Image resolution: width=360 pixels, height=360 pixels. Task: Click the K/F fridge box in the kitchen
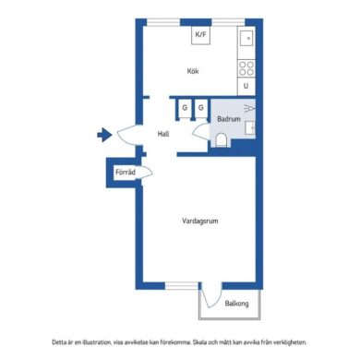pyautogui.click(x=200, y=35)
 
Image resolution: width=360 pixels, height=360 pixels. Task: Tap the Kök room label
pyautogui.click(x=193, y=71)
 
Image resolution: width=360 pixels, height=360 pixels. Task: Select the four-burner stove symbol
pyautogui.click(x=246, y=68)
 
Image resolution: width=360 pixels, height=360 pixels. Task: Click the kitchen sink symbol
pyautogui.click(x=246, y=38)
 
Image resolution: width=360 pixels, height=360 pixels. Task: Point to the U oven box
pyautogui.click(x=246, y=86)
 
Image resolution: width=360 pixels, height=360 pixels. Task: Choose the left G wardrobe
pyautogui.click(x=185, y=108)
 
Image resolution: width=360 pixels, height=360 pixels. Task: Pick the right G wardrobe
pyautogui.click(x=201, y=108)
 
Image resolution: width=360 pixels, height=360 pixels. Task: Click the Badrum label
pyautogui.click(x=229, y=119)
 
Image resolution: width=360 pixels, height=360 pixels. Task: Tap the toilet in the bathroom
pyautogui.click(x=221, y=140)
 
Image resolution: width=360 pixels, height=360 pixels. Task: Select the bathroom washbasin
pyautogui.click(x=250, y=127)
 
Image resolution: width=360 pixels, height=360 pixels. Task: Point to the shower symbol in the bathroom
pyautogui.click(x=249, y=108)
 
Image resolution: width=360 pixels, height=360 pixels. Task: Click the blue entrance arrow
pyautogui.click(x=104, y=135)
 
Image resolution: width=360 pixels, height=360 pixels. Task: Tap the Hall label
pyautogui.click(x=163, y=134)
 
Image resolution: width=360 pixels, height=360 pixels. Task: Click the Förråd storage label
pyautogui.click(x=126, y=172)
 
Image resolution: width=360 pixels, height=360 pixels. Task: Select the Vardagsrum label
pyautogui.click(x=200, y=221)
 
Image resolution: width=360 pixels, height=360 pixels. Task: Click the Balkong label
pyautogui.click(x=236, y=304)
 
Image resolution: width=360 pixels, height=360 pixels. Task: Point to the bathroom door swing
pyautogui.click(x=198, y=130)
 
